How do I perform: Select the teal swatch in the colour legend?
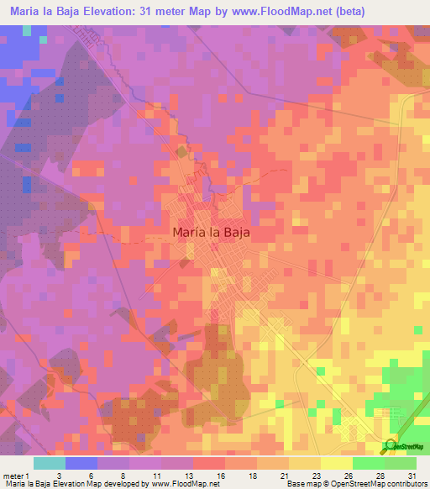49,462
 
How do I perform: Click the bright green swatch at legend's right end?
400,462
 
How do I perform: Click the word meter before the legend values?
14,475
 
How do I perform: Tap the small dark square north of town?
183,152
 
